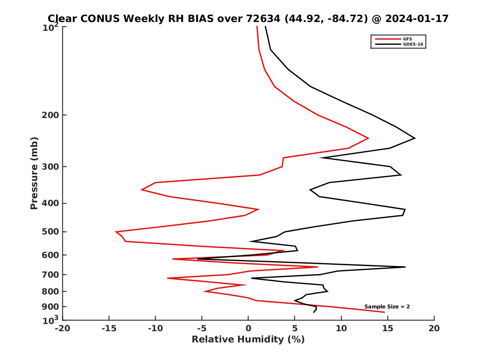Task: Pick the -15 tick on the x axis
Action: pyautogui.click(x=109, y=329)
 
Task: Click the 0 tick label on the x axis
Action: pyautogui.click(x=248, y=329)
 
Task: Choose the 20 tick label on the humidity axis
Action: pyautogui.click(x=434, y=329)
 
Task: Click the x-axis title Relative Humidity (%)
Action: pyautogui.click(x=248, y=340)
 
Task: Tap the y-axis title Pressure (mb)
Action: pyautogui.click(x=34, y=173)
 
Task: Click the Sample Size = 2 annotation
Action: pyautogui.click(x=387, y=307)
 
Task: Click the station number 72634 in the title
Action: pyautogui.click(x=263, y=18)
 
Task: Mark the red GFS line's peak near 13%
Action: pyautogui.click(x=368, y=138)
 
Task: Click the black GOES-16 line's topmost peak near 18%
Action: pyautogui.click(x=415, y=138)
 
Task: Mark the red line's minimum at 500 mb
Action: pyautogui.click(x=116, y=232)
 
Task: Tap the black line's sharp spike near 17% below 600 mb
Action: pyautogui.click(x=405, y=267)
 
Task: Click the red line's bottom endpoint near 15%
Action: pyautogui.click(x=384, y=312)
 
